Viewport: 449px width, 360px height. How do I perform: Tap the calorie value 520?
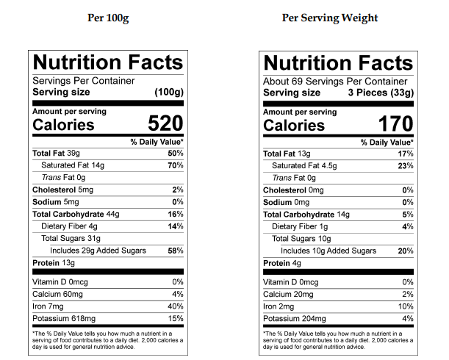(x=165, y=123)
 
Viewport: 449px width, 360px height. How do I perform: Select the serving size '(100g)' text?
(x=168, y=93)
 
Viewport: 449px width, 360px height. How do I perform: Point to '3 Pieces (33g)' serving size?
(x=381, y=93)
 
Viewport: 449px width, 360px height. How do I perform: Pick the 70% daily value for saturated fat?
(x=175, y=165)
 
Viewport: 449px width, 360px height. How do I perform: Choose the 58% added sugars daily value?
(x=175, y=251)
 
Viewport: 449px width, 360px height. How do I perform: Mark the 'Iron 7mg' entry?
(x=49, y=306)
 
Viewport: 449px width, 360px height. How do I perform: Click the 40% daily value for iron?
(x=175, y=306)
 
